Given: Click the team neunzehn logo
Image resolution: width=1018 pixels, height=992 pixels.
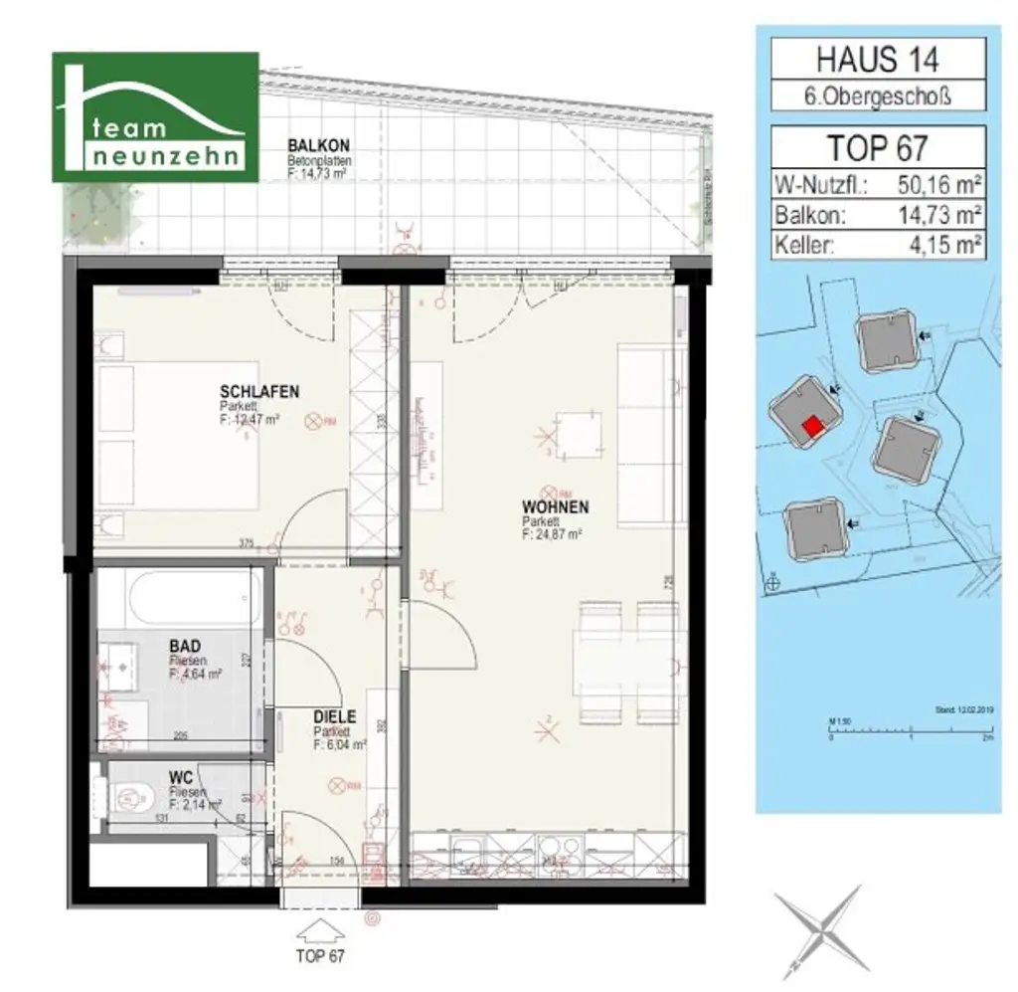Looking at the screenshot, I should (155, 117).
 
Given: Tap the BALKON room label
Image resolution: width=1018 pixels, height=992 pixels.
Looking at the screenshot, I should (313, 145).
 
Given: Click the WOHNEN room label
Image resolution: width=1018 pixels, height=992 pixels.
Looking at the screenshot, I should (555, 507).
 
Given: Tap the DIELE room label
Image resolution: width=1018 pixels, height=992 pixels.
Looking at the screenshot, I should (335, 715).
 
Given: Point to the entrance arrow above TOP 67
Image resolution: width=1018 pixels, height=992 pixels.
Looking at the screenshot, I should (319, 931).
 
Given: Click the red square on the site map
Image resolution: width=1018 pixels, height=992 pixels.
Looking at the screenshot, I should (812, 426).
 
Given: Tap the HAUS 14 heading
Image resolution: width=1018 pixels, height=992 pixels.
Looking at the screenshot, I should (878, 59).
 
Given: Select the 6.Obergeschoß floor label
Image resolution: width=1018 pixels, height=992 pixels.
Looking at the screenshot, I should (878, 98).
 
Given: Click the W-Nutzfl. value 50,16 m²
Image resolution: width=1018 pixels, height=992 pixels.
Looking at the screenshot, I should (937, 185).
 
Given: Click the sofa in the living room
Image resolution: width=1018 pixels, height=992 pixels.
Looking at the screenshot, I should (647, 435).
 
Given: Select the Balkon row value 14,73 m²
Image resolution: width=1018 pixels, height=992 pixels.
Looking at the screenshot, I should (937, 215).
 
